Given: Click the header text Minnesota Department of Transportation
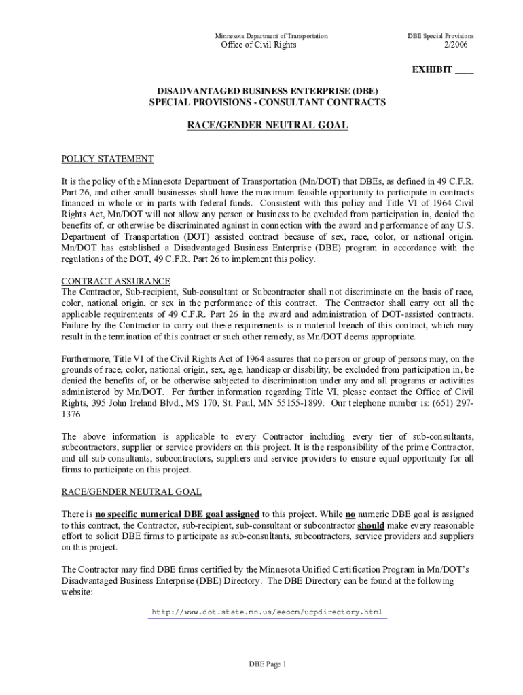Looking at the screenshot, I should pos(271,35).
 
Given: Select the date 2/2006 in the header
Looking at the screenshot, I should pos(456,45).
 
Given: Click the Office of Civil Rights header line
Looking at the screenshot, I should pos(259,45).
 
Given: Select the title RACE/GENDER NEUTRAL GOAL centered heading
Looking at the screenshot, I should pos(268,126).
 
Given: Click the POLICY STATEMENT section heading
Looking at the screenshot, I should pos(107,159).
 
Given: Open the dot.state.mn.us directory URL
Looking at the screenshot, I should pos(268,612).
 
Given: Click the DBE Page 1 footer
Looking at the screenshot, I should pos(268,664).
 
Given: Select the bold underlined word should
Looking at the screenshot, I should pos(371,525).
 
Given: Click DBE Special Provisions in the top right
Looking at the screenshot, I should pos(440,35).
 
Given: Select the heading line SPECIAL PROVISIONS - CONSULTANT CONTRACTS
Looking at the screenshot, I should pos(268,102).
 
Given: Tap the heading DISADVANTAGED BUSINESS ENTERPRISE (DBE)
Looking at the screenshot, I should pos(268,91).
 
